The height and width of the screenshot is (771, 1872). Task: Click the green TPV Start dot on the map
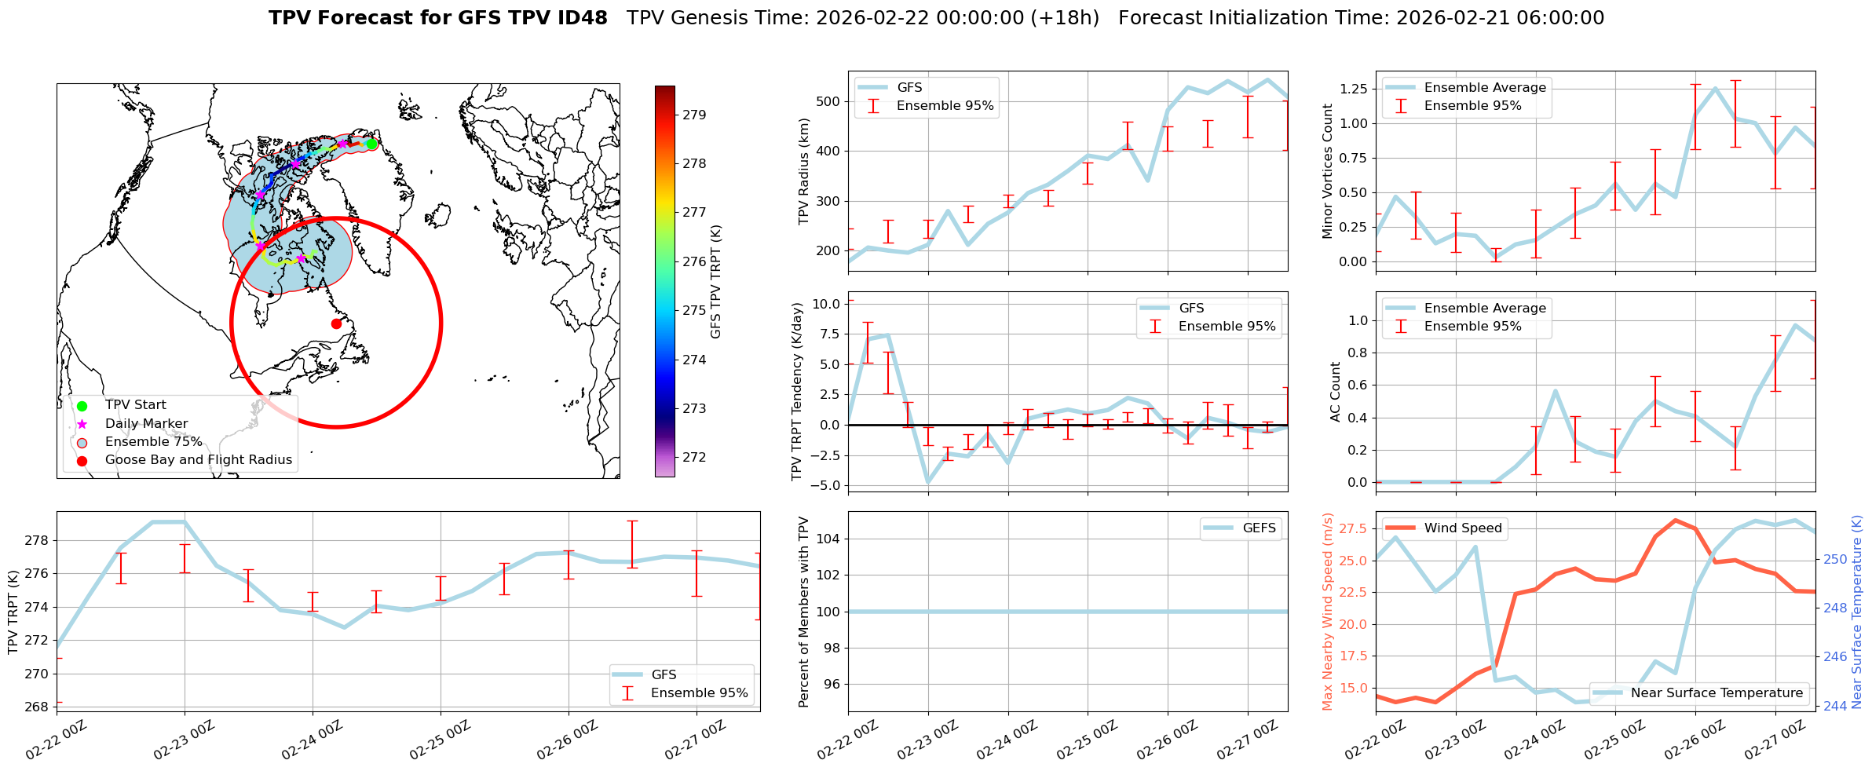371,144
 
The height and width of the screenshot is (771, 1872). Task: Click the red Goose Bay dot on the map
336,323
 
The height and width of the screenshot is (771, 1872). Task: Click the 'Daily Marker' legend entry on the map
146,423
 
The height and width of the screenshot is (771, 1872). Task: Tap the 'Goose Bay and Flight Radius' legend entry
198,460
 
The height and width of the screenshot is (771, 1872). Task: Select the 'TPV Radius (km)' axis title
803,171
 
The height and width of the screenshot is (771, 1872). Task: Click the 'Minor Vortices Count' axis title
1328,171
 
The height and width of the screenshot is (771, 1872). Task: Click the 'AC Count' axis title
1335,392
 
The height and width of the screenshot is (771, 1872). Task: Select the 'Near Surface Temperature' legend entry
1716,693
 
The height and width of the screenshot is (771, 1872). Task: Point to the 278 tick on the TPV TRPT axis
38,540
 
